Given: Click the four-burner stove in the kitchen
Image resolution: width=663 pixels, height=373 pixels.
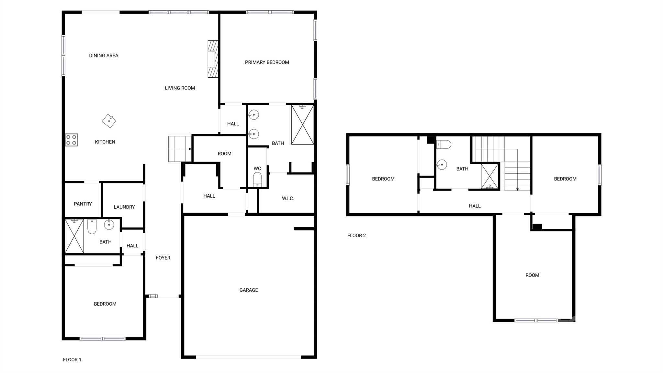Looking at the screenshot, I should point(71,140).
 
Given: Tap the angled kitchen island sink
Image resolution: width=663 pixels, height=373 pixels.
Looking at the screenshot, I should point(109,121).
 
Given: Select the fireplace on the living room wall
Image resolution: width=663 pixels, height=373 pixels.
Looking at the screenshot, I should point(213,59).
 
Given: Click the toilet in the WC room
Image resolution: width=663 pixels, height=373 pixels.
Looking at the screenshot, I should point(257,179).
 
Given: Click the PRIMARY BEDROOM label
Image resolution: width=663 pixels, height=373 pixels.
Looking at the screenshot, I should point(267,62).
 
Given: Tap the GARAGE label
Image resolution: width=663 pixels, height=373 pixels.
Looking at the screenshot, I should point(249,290).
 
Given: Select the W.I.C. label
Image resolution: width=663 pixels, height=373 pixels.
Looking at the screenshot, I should point(288,198).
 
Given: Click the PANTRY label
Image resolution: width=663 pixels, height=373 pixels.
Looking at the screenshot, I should point(83,204).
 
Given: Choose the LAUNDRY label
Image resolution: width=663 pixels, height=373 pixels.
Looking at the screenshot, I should point(124,207).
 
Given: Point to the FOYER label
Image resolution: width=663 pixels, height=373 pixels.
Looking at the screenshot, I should point(163,258).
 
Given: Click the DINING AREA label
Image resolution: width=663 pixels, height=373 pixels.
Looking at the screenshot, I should point(104,55).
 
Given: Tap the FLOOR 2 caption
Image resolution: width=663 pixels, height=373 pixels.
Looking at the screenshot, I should point(356,236).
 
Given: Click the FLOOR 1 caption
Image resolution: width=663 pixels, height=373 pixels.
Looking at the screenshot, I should point(72,360).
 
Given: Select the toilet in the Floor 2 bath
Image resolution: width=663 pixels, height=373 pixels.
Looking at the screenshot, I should point(444,144).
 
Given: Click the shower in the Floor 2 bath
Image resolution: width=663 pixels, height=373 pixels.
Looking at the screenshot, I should point(489,176).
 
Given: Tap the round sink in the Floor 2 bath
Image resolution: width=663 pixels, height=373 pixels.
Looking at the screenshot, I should point(442,165).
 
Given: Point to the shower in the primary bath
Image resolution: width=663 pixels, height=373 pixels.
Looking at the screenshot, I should point(302,124).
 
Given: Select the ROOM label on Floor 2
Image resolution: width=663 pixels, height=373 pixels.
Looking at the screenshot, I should point(532,275).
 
